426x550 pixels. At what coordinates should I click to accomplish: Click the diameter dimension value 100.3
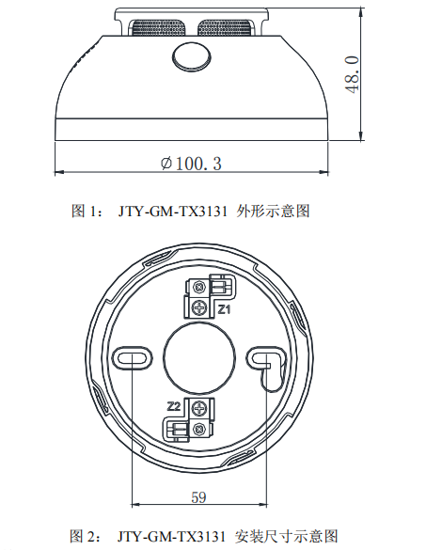197,163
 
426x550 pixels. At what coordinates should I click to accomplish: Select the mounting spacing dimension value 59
197,496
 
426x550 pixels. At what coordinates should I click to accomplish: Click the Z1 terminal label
226,307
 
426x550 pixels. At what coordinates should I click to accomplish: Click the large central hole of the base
197,356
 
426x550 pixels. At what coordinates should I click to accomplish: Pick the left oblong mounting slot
131,356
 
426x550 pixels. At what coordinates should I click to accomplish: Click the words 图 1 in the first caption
86,212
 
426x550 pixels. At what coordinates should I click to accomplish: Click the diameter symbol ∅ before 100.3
166,163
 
